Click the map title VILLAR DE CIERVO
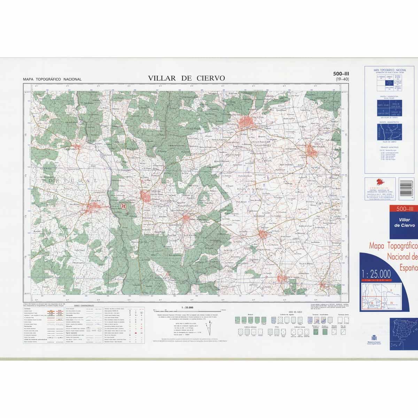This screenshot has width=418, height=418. click(186, 78)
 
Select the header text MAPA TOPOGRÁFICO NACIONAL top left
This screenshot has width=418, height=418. click(52, 79)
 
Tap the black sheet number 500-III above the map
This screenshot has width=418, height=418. click(341, 73)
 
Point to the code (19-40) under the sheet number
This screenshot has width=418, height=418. click(342, 79)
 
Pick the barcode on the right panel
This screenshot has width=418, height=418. click(406, 189)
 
